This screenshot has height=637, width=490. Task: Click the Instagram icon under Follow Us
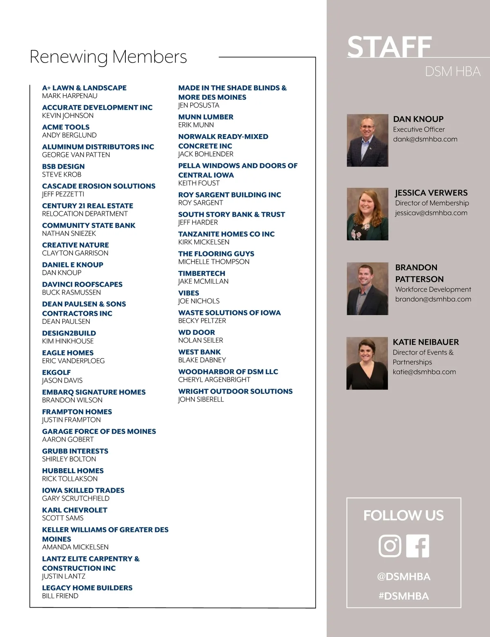point(390,546)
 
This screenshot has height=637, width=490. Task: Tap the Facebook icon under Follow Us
point(418,546)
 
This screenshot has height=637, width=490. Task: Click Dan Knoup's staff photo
point(367,140)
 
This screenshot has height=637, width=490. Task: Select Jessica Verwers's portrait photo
point(367,214)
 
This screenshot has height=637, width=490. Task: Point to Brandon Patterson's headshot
point(367,289)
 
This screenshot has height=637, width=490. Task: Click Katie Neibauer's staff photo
point(367,363)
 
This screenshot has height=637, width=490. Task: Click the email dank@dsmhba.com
point(425,139)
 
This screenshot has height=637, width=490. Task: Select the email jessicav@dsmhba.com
point(431,213)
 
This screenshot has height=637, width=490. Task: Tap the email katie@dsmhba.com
point(424,372)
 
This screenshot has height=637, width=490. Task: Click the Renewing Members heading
point(108,56)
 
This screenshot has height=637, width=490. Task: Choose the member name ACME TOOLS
point(66,127)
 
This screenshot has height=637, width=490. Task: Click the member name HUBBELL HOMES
point(73,471)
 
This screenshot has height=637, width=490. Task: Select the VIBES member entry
point(189,293)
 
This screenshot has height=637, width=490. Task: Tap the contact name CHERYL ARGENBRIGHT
point(214,379)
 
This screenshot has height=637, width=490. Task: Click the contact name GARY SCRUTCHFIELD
point(76,498)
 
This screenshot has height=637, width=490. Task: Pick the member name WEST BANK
point(199,352)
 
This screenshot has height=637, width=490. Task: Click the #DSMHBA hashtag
point(403,596)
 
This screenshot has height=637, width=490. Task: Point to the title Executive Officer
point(419,129)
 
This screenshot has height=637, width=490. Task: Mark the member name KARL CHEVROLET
point(75,510)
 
